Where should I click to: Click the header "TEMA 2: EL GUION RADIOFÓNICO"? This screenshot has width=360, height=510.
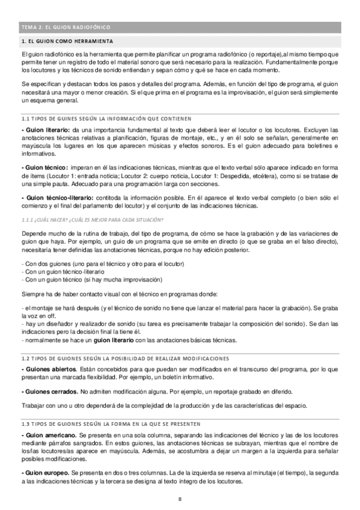66,28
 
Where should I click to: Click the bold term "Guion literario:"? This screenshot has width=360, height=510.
46,130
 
